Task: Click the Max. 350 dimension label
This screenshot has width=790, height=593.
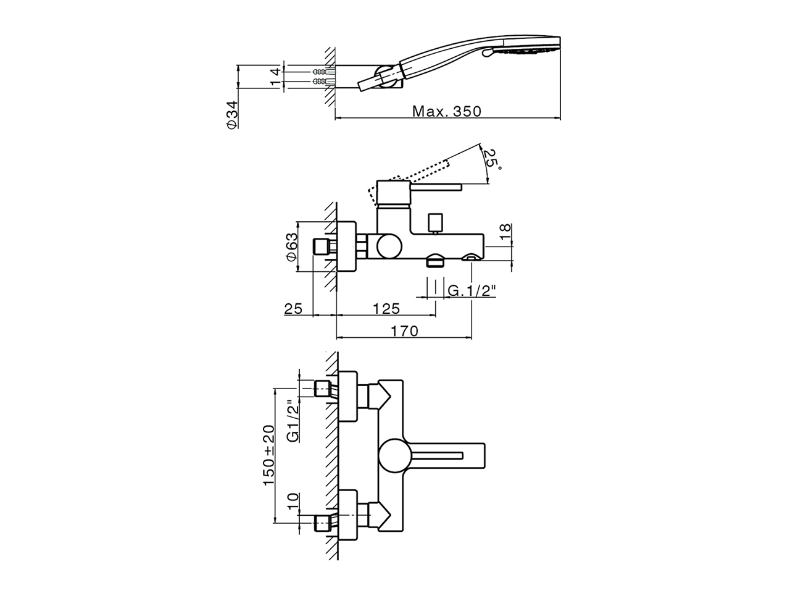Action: (x=446, y=112)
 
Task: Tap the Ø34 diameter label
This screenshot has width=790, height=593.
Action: (x=231, y=116)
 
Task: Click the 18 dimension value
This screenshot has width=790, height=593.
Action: (x=505, y=232)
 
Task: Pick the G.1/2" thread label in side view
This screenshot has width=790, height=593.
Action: (x=472, y=291)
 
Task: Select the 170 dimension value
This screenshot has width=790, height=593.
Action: (x=404, y=331)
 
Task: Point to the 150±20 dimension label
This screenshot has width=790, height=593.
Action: (x=268, y=455)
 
